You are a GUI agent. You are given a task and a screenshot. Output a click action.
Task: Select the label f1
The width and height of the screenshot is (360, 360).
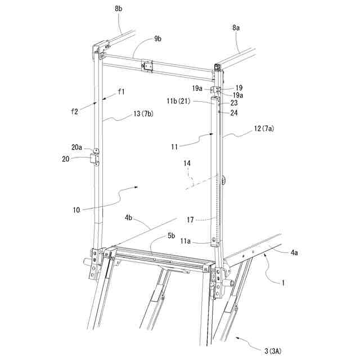click(121, 91)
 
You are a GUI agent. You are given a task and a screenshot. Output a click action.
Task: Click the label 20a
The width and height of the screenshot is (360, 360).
click(77, 148)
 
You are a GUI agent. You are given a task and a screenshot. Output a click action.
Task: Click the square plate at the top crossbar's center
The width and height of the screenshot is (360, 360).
click(147, 66)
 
